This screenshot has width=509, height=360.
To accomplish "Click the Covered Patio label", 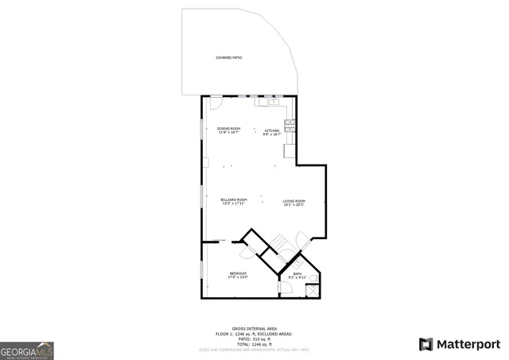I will point(229,58).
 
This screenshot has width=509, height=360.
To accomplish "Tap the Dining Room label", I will point(229,131).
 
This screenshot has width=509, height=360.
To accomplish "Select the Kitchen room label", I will point(273,131).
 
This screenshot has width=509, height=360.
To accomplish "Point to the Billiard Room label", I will point(234,201).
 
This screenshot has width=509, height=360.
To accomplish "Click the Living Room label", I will point(294,203).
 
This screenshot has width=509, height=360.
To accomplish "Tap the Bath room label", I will point(297,276).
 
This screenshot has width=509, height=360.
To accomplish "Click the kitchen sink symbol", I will point(272,102).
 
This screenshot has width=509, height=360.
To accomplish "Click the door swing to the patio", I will point(214,104).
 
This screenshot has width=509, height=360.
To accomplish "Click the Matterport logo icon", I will point(426,344).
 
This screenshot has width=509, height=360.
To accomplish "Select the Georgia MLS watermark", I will point(27,350).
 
